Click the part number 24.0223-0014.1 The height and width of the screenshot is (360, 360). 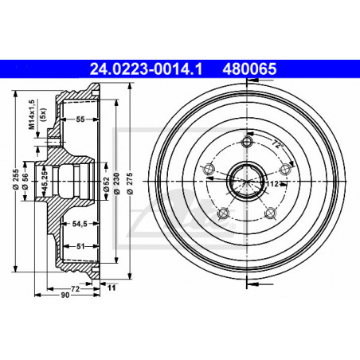[x=146, y=69]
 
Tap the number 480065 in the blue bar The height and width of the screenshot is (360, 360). [x=249, y=69]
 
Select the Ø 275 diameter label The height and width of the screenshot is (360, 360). [x=130, y=183]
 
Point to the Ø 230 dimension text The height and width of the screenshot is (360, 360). [x=117, y=183]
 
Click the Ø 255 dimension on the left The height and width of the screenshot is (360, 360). [x=16, y=179]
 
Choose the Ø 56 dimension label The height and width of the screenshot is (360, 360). [x=25, y=182]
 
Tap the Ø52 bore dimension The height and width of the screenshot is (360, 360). [x=106, y=184]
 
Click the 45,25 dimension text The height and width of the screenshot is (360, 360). [x=45, y=181]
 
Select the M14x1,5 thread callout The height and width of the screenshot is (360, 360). [x=32, y=115]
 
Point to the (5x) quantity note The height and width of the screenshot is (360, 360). [x=42, y=115]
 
